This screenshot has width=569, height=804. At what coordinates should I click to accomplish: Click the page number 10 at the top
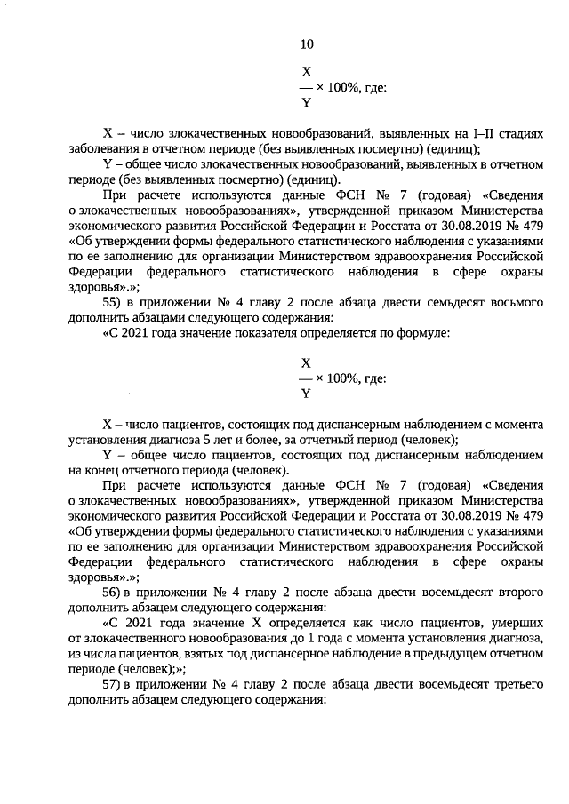[x=307, y=44]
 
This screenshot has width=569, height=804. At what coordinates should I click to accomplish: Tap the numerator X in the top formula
[x=307, y=70]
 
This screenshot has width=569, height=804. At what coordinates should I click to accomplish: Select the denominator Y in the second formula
[x=307, y=394]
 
